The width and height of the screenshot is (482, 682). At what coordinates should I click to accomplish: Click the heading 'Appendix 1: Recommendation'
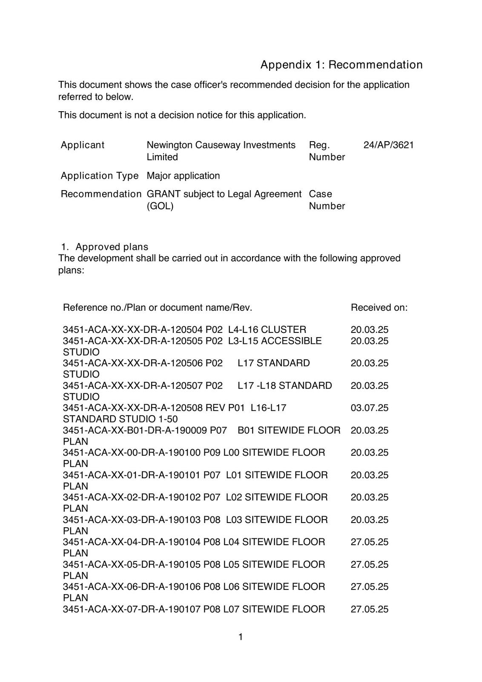pyautogui.click(x=341, y=65)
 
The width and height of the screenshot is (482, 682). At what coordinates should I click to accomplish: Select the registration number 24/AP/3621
pyautogui.click(x=388, y=145)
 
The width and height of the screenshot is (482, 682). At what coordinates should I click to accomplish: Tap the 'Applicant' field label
pyautogui.click(x=82, y=145)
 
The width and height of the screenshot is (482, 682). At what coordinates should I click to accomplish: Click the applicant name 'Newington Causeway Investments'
pyautogui.click(x=221, y=145)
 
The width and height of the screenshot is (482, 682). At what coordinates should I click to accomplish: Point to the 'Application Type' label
pyautogui.click(x=100, y=176)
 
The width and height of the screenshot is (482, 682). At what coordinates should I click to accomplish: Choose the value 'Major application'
pyautogui.click(x=183, y=176)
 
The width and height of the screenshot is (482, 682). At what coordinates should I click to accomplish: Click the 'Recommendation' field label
pyautogui.click(x=101, y=194)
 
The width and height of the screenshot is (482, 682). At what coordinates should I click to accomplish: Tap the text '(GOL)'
pyautogui.click(x=160, y=206)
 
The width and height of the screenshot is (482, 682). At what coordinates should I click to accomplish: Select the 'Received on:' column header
pyautogui.click(x=379, y=307)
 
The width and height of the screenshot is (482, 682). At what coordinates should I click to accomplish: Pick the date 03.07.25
pyautogui.click(x=369, y=408)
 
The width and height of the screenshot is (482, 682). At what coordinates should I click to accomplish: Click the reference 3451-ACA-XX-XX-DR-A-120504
pyautogui.click(x=133, y=330)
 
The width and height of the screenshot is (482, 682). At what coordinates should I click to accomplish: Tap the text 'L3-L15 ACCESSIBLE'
pyautogui.click(x=275, y=341)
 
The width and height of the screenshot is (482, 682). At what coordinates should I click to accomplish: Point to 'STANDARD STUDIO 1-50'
pyautogui.click(x=120, y=419)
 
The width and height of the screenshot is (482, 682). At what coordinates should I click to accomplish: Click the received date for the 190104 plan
pyautogui.click(x=369, y=542)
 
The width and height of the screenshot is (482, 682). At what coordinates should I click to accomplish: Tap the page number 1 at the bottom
pyautogui.click(x=241, y=637)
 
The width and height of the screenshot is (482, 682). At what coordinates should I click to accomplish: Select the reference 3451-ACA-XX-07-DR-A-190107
pyautogui.click(x=132, y=609)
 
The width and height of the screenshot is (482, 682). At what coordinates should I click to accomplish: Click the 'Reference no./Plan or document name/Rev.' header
pyautogui.click(x=158, y=307)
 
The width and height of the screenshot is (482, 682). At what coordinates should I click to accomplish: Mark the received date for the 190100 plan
pyautogui.click(x=369, y=453)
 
